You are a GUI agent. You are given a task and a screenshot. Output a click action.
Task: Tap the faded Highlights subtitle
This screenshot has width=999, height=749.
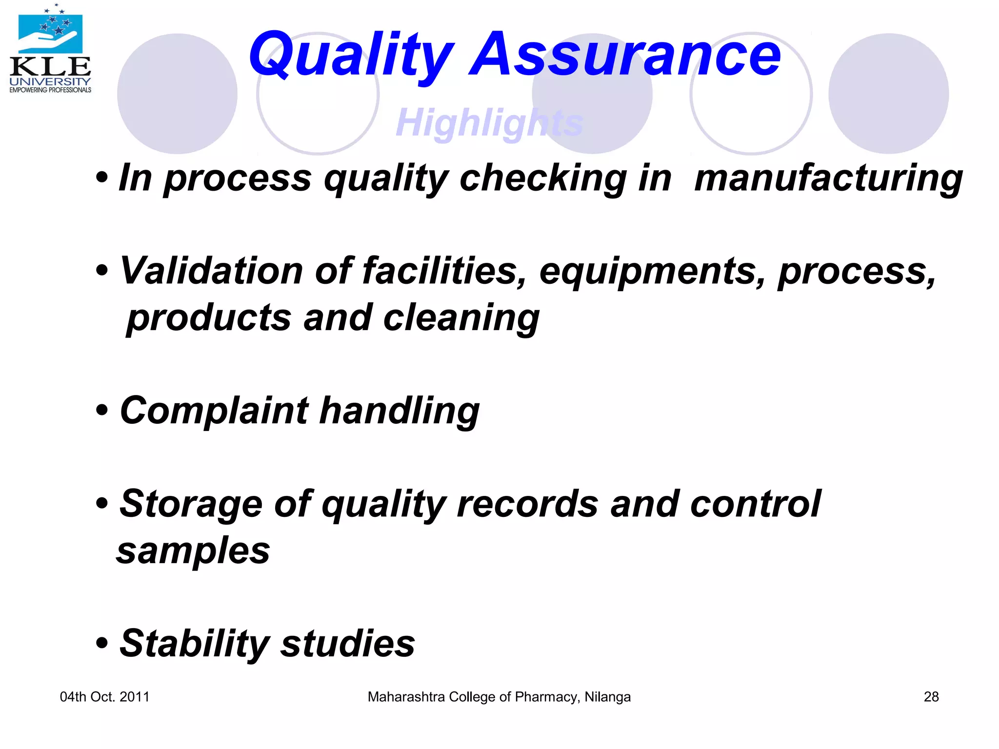(489, 122)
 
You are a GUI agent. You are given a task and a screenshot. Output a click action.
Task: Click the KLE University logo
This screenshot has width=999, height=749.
(50, 49)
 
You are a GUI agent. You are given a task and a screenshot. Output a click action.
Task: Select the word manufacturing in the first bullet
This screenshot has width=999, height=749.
(828, 178)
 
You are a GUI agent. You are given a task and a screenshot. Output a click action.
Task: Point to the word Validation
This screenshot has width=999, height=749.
(211, 271)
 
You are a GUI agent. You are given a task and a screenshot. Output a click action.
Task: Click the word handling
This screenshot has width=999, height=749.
(400, 411)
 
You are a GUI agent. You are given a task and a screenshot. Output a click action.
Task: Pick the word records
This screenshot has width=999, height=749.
(527, 504)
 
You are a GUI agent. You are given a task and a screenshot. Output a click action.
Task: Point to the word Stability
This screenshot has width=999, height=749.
(194, 643)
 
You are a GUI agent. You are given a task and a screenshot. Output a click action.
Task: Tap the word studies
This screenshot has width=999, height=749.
(348, 643)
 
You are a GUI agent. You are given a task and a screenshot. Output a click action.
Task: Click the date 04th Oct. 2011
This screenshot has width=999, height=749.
(104, 697)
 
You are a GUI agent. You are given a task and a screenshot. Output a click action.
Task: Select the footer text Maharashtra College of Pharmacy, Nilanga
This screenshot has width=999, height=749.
(499, 697)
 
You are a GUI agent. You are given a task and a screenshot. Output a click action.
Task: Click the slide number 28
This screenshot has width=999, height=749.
(931, 697)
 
